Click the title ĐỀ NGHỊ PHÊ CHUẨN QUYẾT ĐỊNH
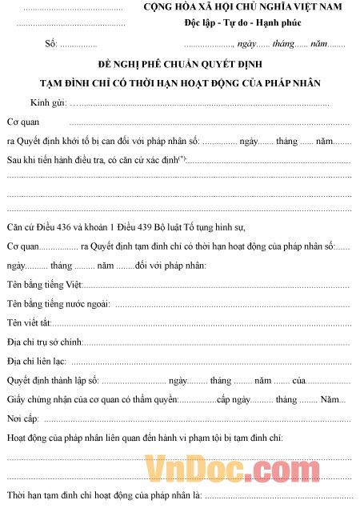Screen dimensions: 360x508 181,63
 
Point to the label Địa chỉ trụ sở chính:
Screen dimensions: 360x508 44,342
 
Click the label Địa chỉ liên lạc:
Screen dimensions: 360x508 37,362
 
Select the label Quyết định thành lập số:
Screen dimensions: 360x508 52,381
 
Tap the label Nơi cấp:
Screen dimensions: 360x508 22,418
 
